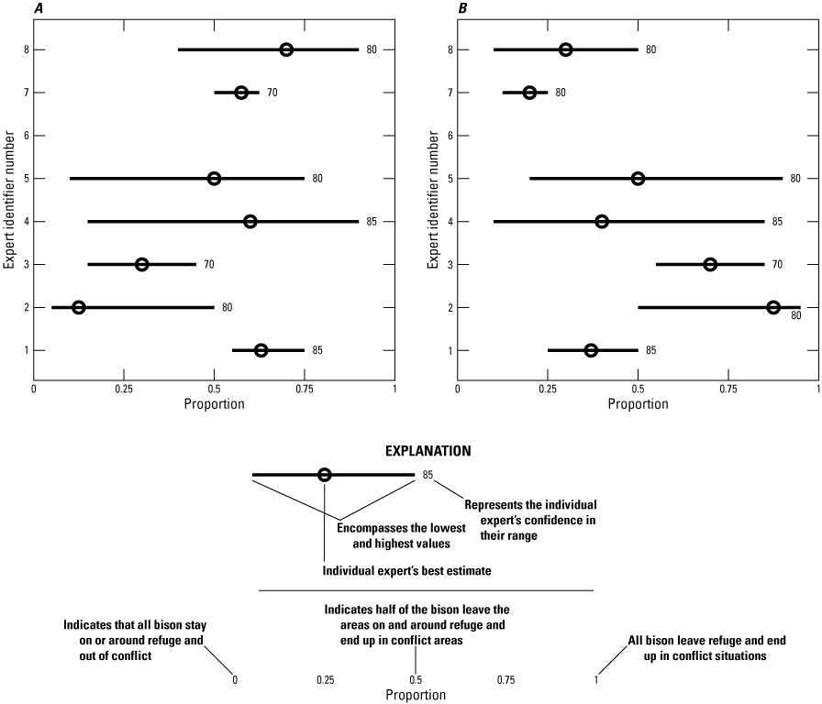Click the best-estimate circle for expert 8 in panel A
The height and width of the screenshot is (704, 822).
pos(286,49)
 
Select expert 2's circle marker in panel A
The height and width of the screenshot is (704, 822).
pos(79,307)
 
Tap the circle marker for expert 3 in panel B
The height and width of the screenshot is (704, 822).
pos(710,264)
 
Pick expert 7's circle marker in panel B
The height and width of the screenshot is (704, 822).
pos(529,93)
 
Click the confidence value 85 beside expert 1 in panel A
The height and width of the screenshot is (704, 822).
pos(317,350)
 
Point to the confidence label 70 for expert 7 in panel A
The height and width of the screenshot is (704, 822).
pos(272,93)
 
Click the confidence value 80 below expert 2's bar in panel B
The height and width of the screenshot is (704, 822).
pos(796,316)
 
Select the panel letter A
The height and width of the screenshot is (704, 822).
pos(39,8)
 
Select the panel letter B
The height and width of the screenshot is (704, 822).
pos(461,8)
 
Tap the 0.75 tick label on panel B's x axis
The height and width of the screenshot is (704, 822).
pos(728,388)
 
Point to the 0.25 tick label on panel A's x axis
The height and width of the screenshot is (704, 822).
pos(124,388)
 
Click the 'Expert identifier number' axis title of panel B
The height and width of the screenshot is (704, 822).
pos(432,200)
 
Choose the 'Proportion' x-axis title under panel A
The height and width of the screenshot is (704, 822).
pos(214,403)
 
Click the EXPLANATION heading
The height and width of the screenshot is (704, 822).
pos(428,451)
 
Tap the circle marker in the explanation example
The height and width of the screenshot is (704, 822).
pos(325,475)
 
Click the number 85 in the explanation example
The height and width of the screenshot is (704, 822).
pos(428,475)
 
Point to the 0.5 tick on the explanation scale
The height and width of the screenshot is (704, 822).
pos(416,679)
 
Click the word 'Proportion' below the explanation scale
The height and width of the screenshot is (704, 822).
pos(416,696)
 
